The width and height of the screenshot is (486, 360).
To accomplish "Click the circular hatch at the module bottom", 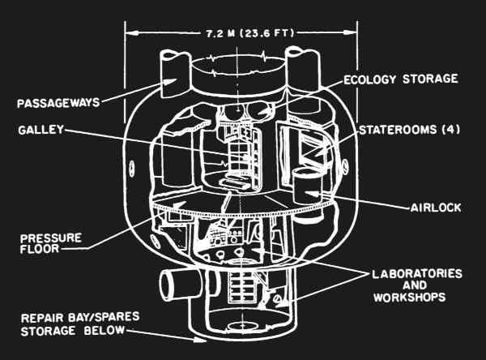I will (x=242, y=332).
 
